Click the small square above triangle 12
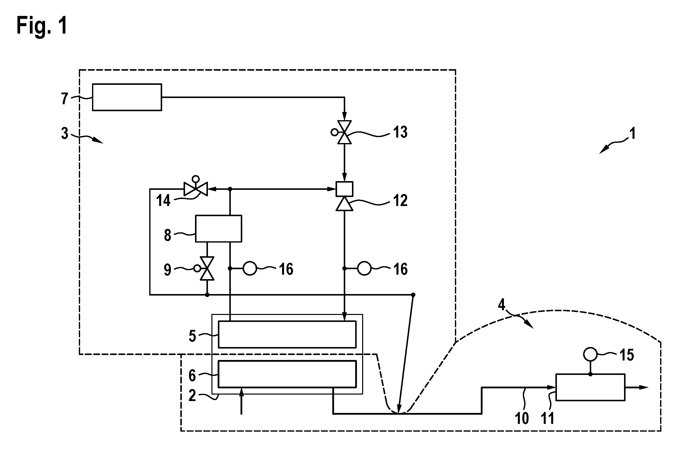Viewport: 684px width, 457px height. [x=344, y=189]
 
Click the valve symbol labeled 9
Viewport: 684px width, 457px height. [x=205, y=268]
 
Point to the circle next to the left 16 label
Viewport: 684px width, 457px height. [x=250, y=268]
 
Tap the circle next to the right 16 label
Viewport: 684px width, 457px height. [x=364, y=268]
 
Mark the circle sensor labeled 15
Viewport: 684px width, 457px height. [x=590, y=355]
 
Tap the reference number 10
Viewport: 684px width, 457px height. [x=522, y=418]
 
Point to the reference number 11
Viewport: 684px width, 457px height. [x=547, y=418]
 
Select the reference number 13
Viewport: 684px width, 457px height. [x=400, y=132]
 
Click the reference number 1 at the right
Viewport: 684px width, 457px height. [x=633, y=134]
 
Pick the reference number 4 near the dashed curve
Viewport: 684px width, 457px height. [x=501, y=305]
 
